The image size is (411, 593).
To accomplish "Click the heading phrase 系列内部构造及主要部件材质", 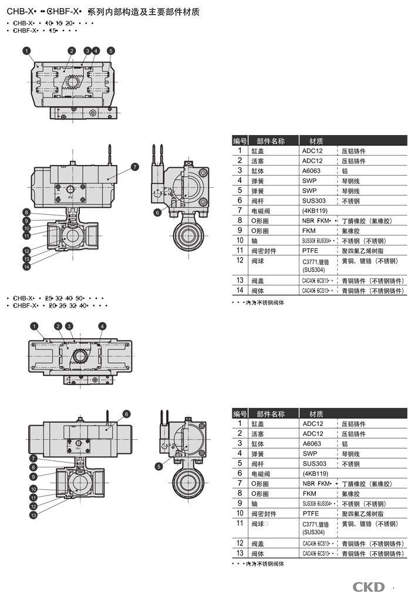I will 143,12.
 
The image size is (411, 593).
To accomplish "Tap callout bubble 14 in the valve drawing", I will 26,268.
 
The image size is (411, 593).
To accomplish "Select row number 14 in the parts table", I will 240,290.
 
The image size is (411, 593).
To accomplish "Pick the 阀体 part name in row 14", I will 257,290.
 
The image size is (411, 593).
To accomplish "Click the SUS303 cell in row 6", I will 314,200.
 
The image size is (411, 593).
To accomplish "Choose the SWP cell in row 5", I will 309,190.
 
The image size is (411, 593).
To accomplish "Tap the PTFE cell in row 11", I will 311,251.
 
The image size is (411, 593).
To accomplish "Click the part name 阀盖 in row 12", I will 257,543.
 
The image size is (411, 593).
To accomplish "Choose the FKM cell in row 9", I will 309,230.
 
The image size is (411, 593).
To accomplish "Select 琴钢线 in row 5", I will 351,190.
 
